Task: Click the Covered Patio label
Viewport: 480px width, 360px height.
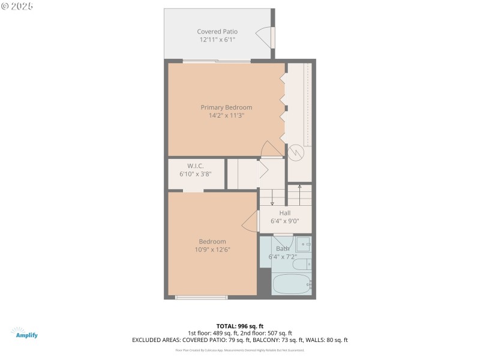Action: pos(217,31)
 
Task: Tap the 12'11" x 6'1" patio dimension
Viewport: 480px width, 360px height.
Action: pos(217,40)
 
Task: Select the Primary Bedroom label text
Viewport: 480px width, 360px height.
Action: pos(226,107)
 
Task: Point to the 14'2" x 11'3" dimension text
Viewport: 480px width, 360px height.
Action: pos(226,115)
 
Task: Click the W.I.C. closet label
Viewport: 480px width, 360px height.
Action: pos(195,166)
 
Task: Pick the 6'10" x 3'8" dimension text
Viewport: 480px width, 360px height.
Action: pos(195,174)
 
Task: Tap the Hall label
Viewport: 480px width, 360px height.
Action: pos(284,213)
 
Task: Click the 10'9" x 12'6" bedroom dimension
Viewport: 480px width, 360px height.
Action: pos(212,250)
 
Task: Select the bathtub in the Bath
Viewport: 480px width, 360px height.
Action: pos(291,283)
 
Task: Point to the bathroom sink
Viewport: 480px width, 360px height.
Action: pos(303,244)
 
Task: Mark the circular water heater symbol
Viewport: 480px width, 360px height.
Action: pos(295,153)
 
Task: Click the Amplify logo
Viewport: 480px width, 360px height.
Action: pos(24,333)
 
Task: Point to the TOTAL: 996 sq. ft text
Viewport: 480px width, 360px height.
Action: pos(239,326)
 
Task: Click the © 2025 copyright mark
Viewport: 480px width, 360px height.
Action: pos(17,5)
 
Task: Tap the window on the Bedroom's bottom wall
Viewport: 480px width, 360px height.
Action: pos(201,297)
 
